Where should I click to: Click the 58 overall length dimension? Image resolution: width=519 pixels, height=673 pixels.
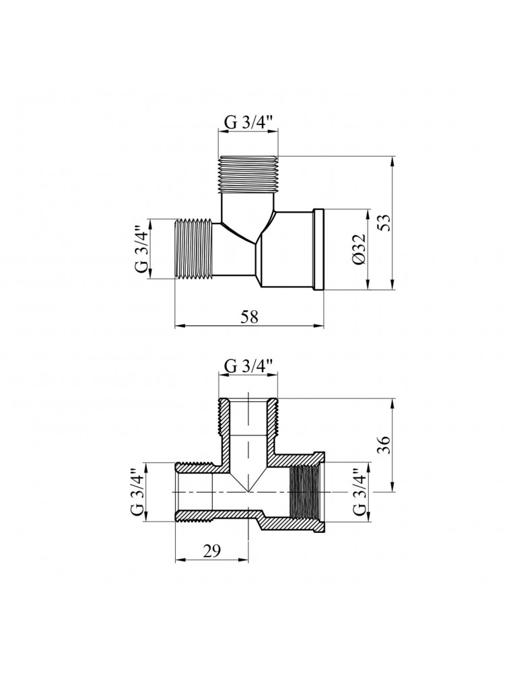coord(249,317)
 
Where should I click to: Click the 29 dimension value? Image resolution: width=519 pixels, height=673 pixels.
coord(211,551)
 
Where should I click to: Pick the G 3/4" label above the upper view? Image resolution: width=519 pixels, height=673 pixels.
coord(248,122)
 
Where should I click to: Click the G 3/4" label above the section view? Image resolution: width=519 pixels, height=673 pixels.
coord(248,367)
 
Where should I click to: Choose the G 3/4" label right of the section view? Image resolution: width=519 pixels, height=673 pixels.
coord(359,492)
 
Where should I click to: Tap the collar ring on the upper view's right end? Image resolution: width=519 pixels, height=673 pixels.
coord(318,250)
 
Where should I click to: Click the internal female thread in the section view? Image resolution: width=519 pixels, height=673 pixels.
coord(301,492)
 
